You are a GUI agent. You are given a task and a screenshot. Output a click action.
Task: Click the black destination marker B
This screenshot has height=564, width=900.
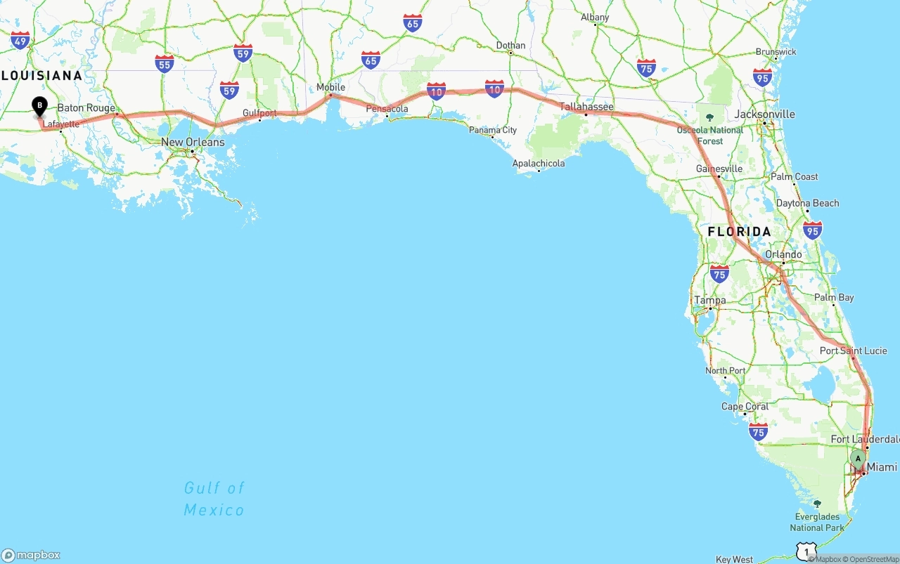(x=39, y=107)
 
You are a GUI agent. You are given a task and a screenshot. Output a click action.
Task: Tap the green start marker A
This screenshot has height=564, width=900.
(x=858, y=459)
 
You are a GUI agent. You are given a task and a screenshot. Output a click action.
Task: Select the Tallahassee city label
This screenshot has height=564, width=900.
(x=586, y=107)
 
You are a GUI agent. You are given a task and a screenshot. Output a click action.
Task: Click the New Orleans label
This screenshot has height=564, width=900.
(x=193, y=142)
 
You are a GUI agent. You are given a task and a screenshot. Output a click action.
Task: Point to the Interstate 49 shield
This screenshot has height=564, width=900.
(x=20, y=41)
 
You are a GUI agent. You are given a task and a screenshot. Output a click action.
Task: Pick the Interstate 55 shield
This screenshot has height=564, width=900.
(x=165, y=64)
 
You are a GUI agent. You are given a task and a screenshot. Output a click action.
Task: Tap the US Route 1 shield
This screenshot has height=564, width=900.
(x=806, y=552)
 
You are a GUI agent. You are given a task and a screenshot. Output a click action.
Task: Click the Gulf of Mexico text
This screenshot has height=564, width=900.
(x=214, y=498)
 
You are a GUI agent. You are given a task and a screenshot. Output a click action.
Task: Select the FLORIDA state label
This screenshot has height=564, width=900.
(x=739, y=232)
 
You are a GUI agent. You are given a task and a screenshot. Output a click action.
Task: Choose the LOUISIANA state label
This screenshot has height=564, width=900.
(x=41, y=75)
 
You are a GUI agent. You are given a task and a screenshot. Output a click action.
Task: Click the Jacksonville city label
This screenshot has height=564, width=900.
(x=764, y=114)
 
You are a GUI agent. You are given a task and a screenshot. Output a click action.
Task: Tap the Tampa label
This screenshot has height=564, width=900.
(x=709, y=300)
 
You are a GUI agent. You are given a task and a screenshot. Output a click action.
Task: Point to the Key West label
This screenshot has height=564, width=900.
(x=734, y=559)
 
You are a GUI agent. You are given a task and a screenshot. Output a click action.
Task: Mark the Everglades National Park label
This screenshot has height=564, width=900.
(x=817, y=522)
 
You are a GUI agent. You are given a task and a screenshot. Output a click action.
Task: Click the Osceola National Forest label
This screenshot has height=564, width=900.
(x=710, y=135)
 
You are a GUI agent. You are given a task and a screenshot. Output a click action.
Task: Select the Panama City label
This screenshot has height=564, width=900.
(x=493, y=130)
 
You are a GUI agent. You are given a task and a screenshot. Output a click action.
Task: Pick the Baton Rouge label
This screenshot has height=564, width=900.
(x=86, y=108)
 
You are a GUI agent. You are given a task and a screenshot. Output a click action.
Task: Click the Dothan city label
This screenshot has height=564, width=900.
(x=510, y=46)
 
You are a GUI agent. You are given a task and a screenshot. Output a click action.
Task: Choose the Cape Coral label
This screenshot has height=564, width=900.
(x=745, y=407)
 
